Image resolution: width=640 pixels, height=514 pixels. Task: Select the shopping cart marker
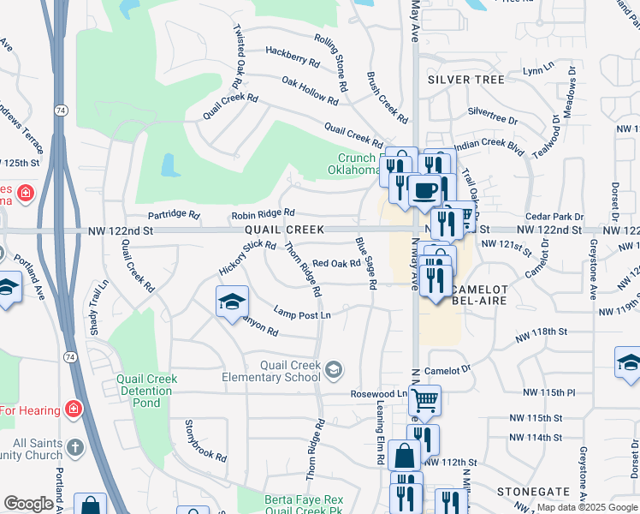click(424, 399)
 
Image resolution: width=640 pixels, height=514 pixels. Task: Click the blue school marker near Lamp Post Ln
click(231, 302)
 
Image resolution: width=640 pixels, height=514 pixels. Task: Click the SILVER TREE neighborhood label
click(466, 79)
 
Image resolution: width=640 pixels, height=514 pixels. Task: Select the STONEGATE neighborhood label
click(533, 491)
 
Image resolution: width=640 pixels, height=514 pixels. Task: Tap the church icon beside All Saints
click(74, 448)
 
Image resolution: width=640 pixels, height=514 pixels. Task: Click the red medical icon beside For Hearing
click(73, 409)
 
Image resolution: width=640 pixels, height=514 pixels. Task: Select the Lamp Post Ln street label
click(301, 314)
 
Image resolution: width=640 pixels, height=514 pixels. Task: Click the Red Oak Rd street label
click(336, 264)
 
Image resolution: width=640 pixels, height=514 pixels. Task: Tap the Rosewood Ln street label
click(378, 394)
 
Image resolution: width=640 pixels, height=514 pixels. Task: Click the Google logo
click(29, 504)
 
